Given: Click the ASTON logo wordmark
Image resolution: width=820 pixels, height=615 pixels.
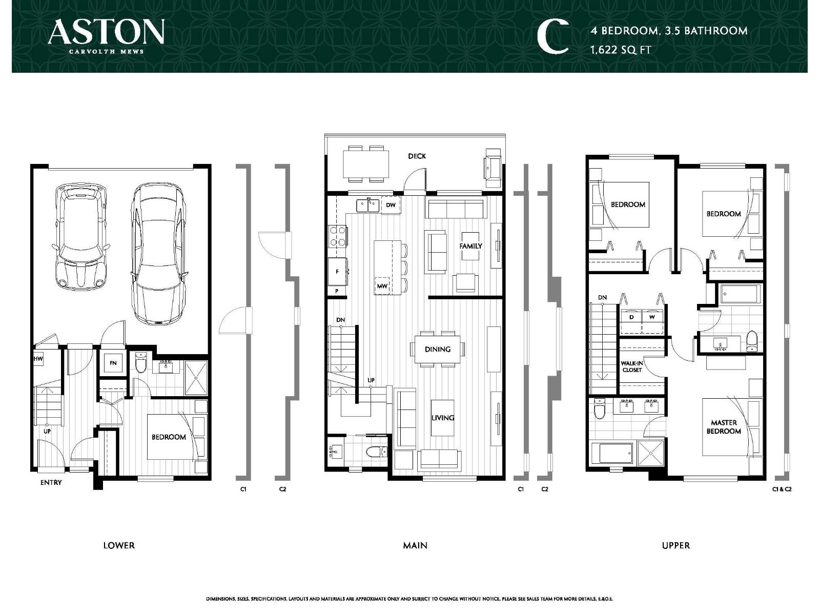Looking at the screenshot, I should coord(106,32).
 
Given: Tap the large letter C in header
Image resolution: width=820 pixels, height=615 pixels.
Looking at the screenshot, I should coord(552,37).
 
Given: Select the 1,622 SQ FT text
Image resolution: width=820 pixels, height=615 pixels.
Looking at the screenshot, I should coord(620,50).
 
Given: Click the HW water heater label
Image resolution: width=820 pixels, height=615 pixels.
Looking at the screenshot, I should coord(38,359).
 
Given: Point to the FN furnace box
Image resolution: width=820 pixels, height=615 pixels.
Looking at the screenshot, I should coord(113,363).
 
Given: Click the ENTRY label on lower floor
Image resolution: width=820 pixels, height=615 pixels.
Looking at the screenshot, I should coord(51,482).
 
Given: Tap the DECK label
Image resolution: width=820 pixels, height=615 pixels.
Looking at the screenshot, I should coord(417,156).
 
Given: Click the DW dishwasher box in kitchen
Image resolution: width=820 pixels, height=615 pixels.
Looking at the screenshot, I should coord(391,205).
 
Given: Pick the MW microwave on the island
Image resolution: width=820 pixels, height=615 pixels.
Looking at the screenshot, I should coord(382,286).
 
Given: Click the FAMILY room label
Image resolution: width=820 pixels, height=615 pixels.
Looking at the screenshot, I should coord(470,246).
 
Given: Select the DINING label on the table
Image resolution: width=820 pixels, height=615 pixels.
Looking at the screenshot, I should coord(437,349).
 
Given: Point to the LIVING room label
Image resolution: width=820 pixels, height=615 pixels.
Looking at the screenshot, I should coord(442,418).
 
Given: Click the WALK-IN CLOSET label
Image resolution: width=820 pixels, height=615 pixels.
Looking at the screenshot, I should coord(632,366).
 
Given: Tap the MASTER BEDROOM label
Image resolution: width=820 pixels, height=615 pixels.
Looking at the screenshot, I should coord(724,427).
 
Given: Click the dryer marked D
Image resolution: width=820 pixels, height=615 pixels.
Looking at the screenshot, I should coord(631,317).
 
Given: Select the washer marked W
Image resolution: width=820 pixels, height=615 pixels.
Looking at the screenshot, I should coord(652,317).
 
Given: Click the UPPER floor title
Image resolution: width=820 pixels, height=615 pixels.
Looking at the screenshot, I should coord(675,545).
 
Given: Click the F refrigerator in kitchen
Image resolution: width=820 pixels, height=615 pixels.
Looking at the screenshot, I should coord(337,272).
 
